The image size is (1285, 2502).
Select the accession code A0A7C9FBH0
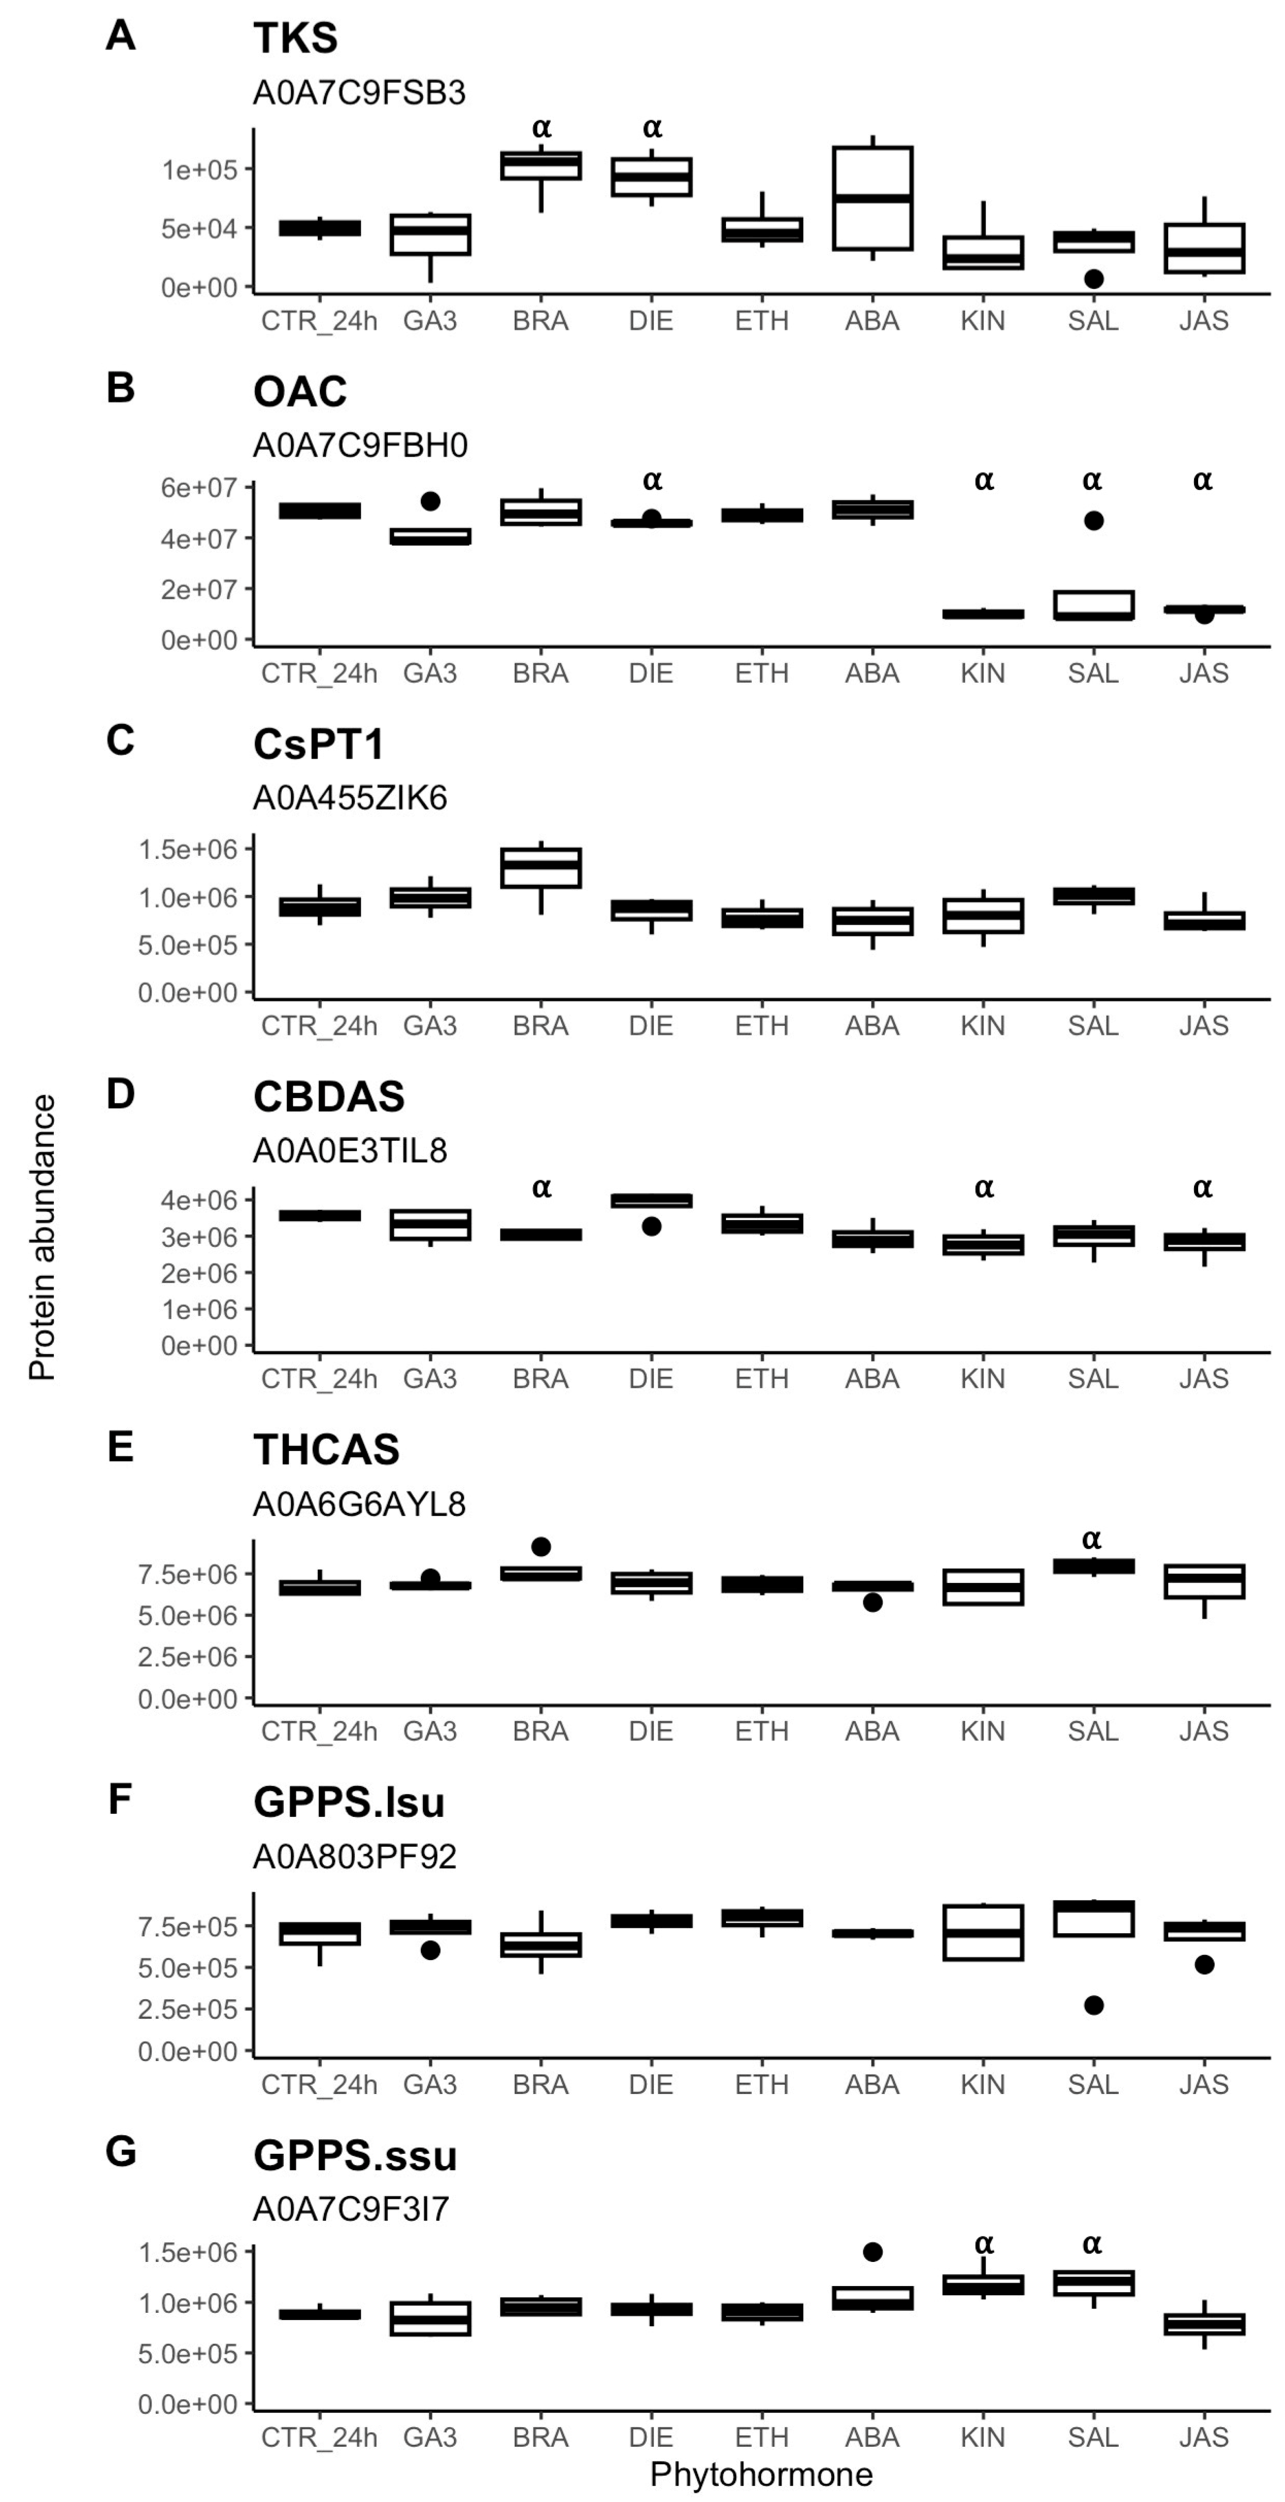[359, 445]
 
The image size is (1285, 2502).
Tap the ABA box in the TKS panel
[872, 198]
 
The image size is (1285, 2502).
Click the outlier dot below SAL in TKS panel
[1094, 279]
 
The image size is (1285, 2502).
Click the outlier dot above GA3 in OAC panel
[430, 501]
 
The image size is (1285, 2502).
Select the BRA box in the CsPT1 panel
[541, 867]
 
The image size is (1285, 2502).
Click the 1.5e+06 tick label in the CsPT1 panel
[187, 850]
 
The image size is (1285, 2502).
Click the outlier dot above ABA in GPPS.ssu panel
[872, 2251]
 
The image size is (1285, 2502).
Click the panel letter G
[120, 2151]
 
